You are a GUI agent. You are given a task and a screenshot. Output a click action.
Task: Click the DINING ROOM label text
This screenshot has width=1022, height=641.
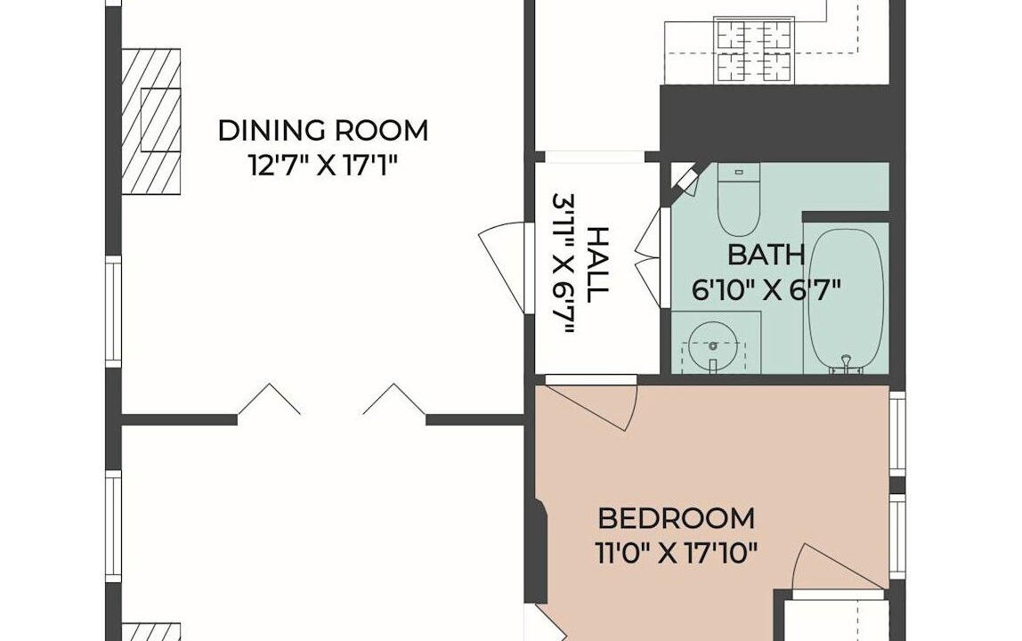click(322, 130)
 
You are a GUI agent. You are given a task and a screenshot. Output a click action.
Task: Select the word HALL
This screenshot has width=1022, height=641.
click(597, 264)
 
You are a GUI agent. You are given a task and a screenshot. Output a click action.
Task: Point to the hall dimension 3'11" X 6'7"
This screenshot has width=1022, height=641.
click(564, 264)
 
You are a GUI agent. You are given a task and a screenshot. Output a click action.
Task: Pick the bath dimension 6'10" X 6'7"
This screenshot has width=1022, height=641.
click(766, 288)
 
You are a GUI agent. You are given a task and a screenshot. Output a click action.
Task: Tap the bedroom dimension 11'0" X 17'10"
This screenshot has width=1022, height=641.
click(677, 554)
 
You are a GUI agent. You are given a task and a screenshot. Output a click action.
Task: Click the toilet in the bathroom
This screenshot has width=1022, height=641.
click(739, 199)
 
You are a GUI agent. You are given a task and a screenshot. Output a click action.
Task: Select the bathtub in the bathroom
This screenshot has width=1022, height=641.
click(846, 301)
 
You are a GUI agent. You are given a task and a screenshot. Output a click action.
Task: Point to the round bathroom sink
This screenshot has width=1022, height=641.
click(714, 345)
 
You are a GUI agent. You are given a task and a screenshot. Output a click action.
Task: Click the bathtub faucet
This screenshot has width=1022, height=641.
click(846, 364)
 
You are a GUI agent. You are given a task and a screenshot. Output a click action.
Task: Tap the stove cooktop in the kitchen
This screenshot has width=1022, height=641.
click(754, 51)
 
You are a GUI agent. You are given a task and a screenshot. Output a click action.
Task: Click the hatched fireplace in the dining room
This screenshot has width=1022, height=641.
click(151, 121)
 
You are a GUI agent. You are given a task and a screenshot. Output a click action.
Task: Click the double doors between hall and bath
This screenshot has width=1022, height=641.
click(651, 257)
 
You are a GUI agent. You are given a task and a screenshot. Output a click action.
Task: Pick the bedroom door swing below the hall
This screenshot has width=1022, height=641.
click(590, 404)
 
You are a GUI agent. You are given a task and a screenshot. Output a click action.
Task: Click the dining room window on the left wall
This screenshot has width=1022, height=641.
click(114, 311)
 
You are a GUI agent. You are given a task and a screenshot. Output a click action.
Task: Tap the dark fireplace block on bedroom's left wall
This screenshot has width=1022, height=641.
click(538, 551)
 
